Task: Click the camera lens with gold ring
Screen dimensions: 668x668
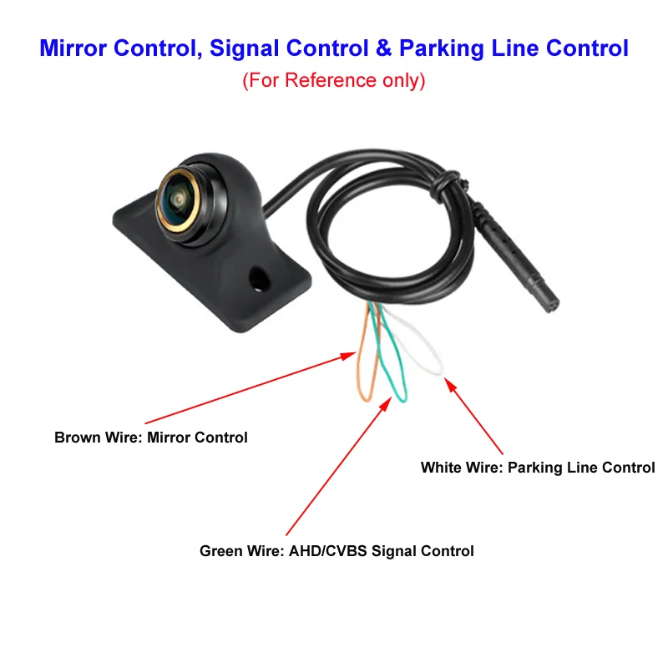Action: (x=178, y=200)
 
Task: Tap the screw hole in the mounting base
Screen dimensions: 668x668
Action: (x=259, y=279)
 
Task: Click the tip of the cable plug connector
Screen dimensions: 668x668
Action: (x=553, y=306)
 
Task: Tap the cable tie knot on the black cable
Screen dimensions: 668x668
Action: (x=445, y=185)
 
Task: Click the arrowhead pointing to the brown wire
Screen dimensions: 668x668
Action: (x=348, y=356)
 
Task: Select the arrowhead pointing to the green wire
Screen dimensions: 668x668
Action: (x=386, y=403)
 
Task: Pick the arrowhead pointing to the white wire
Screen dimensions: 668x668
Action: (x=450, y=384)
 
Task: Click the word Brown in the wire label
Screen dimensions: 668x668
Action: (x=77, y=438)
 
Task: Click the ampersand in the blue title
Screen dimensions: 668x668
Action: (x=384, y=48)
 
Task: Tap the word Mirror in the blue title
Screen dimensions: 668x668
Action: (x=73, y=48)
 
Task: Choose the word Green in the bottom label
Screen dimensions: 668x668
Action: (x=220, y=551)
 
